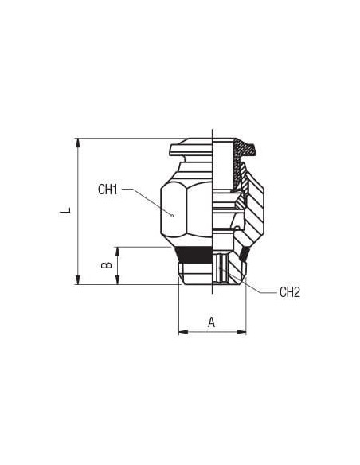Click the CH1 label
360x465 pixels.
[108, 190]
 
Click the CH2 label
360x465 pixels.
[290, 292]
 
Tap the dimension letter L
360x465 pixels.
[65, 210]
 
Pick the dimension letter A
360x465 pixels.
[211, 322]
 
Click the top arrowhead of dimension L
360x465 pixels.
[78, 143]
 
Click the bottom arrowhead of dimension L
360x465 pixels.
[78, 280]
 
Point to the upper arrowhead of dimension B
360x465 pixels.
[118, 252]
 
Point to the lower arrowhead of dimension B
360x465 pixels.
[118, 280]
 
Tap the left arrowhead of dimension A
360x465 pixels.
[183, 332]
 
